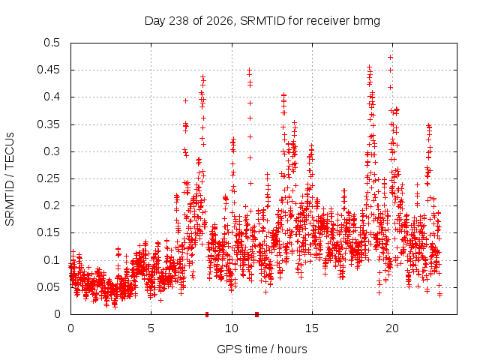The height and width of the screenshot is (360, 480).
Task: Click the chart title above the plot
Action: pos(262,21)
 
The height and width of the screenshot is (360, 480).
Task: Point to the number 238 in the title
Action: pos(179,21)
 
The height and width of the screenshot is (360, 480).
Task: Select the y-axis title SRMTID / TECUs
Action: pos(10,179)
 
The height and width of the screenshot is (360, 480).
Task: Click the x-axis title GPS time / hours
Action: pos(262,349)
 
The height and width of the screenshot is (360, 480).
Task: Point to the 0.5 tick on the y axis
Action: pos(52,43)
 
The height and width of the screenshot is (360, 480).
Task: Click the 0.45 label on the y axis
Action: pos(49,70)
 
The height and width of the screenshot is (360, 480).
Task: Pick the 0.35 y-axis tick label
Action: pos(49,124)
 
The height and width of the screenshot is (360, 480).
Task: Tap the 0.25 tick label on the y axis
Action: pos(49,178)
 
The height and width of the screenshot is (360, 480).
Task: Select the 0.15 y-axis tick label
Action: pos(49,232)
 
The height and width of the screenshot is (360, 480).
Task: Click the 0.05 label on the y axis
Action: pos(49,287)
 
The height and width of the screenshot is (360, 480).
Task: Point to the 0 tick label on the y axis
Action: pos(57,314)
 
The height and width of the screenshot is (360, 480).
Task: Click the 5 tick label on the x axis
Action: pos(151,328)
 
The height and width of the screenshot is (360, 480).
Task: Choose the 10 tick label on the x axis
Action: pos(232,328)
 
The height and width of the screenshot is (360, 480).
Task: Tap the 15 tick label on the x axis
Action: pos(312,328)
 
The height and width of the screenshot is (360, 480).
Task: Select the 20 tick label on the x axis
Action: pos(392,328)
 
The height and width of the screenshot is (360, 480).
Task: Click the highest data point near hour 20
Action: pos(390,57)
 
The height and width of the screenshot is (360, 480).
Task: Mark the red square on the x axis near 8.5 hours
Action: pos(207,314)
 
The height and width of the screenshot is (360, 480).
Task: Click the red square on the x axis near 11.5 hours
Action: pos(256,314)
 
